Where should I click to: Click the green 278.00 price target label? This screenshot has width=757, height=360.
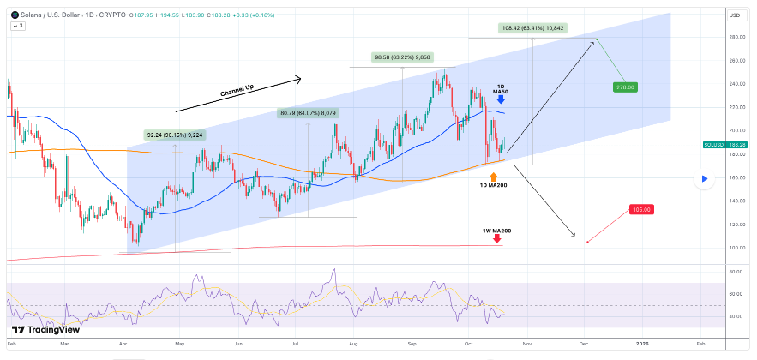pyautogui.click(x=625, y=87)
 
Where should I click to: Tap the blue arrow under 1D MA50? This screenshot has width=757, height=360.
pyautogui.click(x=501, y=99)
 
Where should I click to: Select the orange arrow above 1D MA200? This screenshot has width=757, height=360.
pyautogui.click(x=493, y=176)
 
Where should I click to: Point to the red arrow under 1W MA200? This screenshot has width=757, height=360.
pyautogui.click(x=498, y=239)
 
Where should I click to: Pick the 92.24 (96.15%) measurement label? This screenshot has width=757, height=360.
pyautogui.click(x=174, y=135)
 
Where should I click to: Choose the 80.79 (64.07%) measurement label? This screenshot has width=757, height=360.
pyautogui.click(x=308, y=113)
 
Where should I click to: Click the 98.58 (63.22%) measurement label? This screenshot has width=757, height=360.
pyautogui.click(x=404, y=58)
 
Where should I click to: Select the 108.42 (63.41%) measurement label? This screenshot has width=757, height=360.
pyautogui.click(x=532, y=28)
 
